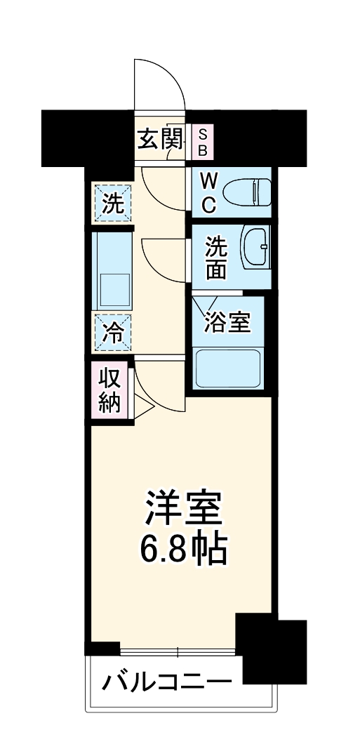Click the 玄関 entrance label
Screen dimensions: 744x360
click(161, 140)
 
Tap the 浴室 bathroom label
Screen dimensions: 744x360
click(227, 323)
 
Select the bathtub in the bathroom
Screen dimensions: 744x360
click(228, 367)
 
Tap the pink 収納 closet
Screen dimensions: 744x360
click(110, 390)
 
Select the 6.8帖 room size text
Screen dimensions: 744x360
click(184, 550)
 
